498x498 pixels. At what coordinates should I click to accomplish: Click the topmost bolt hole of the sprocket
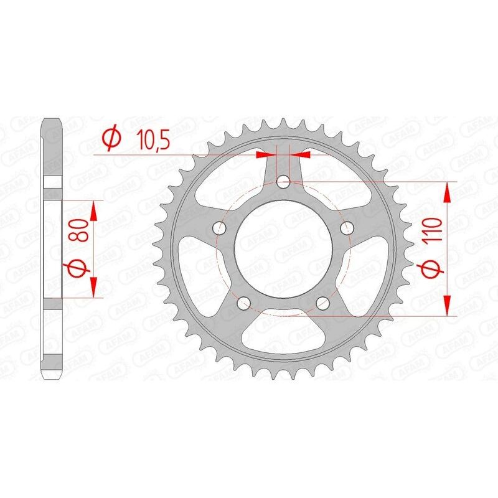pos(283,182)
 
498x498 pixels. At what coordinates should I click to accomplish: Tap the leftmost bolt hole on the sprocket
pos(220,228)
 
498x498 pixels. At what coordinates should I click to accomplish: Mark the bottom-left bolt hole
pos(244,303)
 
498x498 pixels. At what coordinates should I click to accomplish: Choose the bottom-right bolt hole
pos(322,303)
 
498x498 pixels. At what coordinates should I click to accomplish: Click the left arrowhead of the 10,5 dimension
pos(266,153)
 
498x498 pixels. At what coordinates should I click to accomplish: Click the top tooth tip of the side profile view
pos(52,120)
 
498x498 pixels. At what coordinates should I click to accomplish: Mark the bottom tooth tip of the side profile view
pos(52,377)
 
